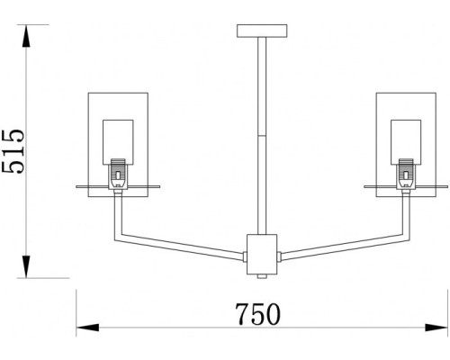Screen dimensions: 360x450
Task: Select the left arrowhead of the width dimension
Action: (81, 325)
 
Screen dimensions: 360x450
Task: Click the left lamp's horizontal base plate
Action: (118, 188)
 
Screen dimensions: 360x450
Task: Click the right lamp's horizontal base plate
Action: (405, 188)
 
